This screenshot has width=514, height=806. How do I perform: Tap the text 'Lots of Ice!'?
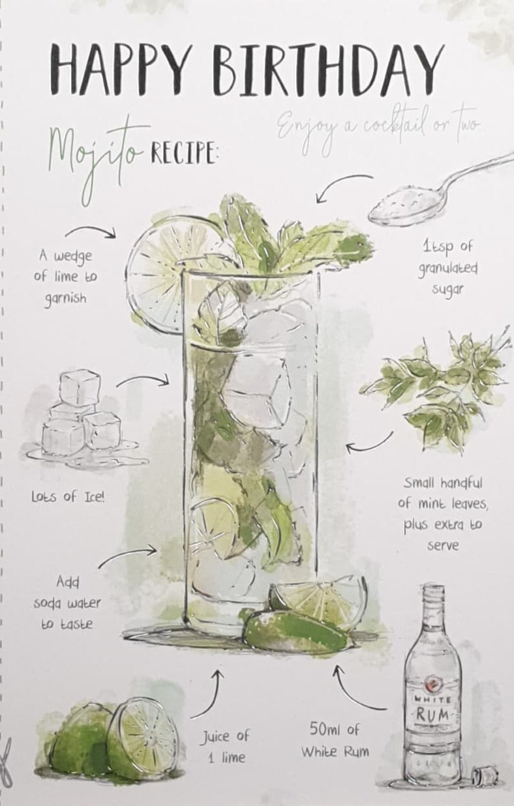coord(68,498)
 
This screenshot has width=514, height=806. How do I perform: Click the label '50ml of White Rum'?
coord(335,741)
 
